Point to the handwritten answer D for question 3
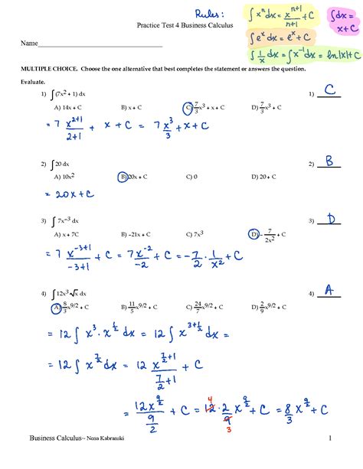pos(330,220)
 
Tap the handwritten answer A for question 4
pos(328,291)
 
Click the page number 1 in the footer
pos(328,459)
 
